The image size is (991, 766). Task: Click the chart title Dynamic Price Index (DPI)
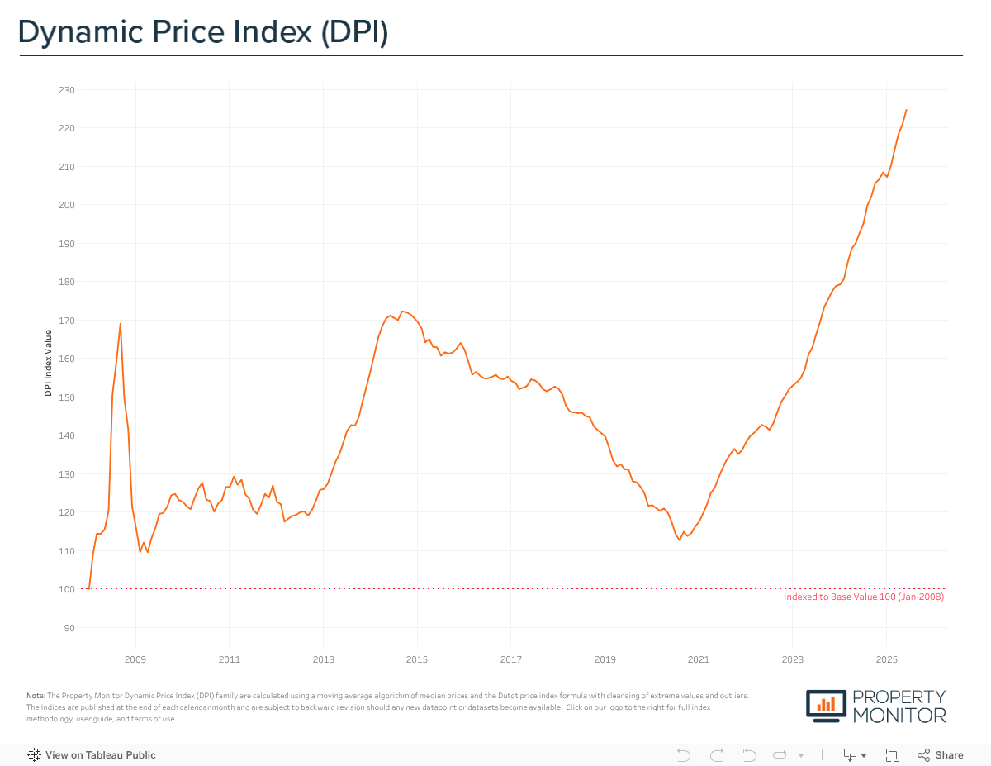pos(203,32)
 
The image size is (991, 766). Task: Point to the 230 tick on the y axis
pos(67,90)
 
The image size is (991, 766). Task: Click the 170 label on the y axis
pos(67,321)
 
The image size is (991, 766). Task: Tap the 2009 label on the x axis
pos(135,659)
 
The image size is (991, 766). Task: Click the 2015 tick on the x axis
pos(417,659)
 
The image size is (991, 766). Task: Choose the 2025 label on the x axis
pos(886,659)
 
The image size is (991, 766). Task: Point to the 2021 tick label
pos(699,659)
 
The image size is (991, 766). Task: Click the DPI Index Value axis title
pos(49,363)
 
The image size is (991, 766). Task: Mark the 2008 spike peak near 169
pos(121,324)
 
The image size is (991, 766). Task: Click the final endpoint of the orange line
pos(906,110)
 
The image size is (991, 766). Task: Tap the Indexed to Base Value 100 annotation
pos(863,597)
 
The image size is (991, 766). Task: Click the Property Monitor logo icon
pos(827,704)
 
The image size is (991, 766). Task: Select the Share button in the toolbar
pos(941,755)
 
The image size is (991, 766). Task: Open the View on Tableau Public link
pos(92,755)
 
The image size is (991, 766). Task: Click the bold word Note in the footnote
pos(36,696)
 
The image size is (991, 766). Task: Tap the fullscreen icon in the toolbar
pos(892,755)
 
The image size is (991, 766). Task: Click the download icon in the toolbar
pos(850,755)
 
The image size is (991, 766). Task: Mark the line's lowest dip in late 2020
pos(679,540)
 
